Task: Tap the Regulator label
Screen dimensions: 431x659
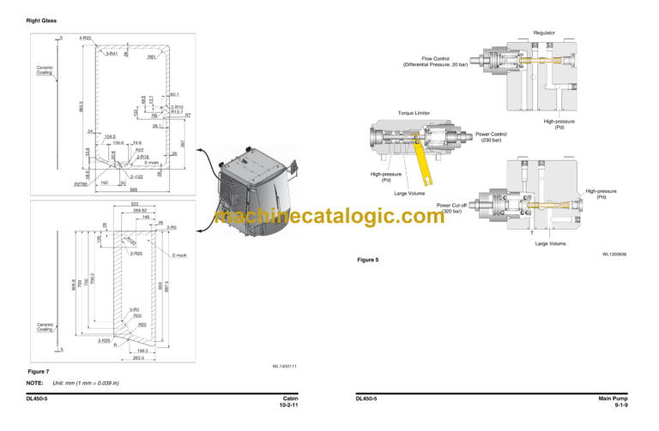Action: (x=543, y=33)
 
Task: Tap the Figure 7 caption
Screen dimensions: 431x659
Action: (x=38, y=371)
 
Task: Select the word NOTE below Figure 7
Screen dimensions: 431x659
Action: (x=37, y=382)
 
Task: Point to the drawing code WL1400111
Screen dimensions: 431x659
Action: (x=285, y=366)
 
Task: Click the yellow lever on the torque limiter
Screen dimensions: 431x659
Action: (x=421, y=159)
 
